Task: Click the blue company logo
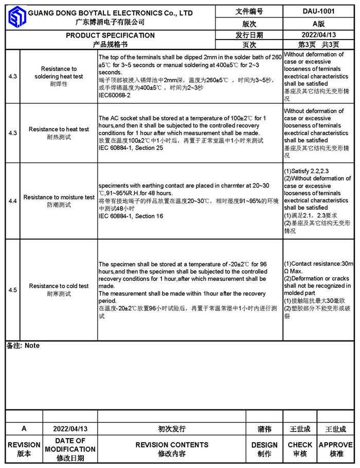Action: (x=17, y=17)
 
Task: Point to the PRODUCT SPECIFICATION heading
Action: (x=110, y=35)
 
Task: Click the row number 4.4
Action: (x=13, y=201)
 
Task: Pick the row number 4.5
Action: (x=13, y=290)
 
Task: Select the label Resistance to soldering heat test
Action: (x=59, y=73)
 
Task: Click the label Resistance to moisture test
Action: (x=59, y=197)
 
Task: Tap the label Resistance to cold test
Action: (x=59, y=286)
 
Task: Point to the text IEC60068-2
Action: (x=114, y=95)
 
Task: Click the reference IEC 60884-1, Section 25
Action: (x=131, y=148)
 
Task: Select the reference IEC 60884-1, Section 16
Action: (x=131, y=216)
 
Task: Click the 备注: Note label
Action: (x=23, y=346)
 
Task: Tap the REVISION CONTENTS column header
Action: (x=172, y=445)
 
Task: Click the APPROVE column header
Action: (x=336, y=445)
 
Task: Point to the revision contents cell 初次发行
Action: (x=172, y=429)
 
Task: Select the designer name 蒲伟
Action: (x=264, y=429)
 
